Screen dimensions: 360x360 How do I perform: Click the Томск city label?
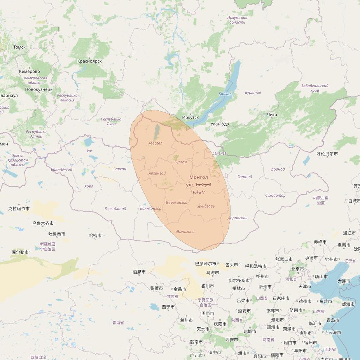point(19,47)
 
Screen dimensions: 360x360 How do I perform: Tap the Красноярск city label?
point(89,61)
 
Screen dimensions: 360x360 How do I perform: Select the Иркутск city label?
point(190,117)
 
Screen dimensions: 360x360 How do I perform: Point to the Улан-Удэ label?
point(219,124)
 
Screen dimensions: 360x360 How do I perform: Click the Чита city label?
point(272,115)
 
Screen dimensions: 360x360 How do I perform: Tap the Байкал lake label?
point(225,94)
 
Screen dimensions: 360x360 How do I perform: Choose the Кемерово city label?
point(30,72)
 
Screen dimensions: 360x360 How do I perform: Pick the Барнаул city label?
point(9,95)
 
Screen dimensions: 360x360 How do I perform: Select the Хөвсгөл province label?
point(155,143)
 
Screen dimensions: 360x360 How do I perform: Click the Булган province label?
point(180,162)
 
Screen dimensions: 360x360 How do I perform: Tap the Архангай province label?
point(157,173)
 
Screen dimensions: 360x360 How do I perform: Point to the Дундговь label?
point(206,206)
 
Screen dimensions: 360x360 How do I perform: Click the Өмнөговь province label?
point(185,232)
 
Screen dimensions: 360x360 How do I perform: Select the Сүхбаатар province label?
point(275,196)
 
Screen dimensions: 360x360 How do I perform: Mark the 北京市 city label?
point(297,269)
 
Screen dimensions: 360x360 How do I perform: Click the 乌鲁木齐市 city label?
point(43,223)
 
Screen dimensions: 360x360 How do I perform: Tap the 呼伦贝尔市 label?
point(327,154)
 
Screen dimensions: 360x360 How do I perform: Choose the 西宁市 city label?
point(168,307)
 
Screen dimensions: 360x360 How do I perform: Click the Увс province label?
point(90,151)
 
